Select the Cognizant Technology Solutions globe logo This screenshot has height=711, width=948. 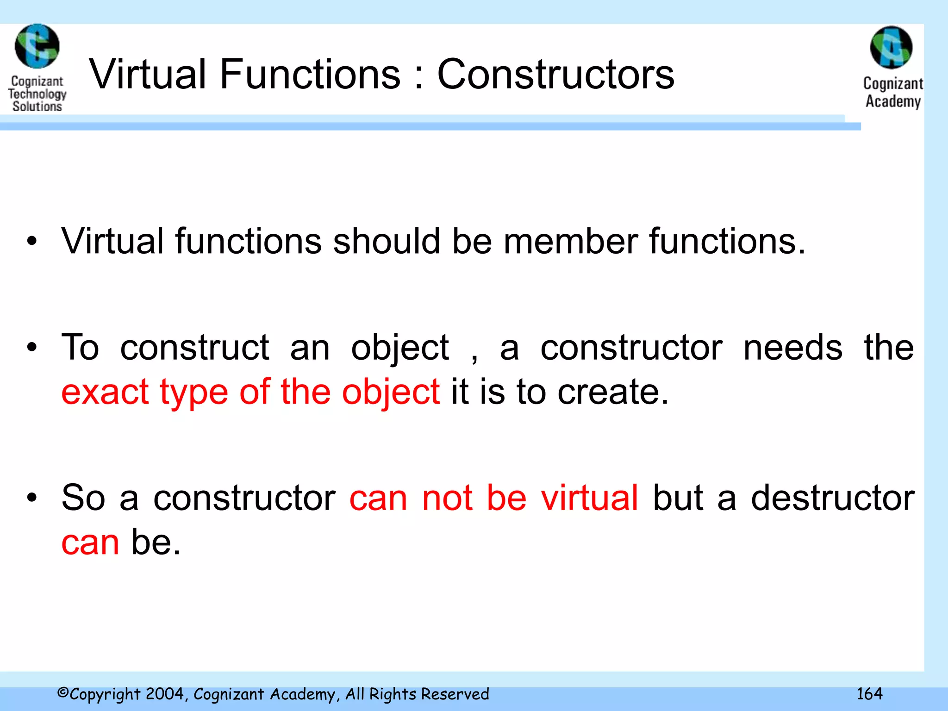tap(37, 46)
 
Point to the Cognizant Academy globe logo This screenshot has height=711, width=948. tap(891, 47)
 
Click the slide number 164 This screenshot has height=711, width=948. tap(869, 694)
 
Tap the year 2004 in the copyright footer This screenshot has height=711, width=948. tap(166, 694)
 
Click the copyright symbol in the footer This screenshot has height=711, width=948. tap(63, 693)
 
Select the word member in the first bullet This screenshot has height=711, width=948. tap(570, 241)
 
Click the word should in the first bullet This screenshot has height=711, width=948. tap(387, 241)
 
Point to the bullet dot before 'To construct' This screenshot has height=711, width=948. tap(31, 347)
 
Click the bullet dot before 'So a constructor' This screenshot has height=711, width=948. tap(31, 498)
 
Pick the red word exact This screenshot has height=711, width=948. tap(105, 392)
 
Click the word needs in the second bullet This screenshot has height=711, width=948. tap(792, 347)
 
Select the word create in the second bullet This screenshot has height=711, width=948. tap(613, 392)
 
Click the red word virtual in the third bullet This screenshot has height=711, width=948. tap(590, 498)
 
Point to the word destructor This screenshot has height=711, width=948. tap(832, 498)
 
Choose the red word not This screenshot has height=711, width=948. tap(447, 498)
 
